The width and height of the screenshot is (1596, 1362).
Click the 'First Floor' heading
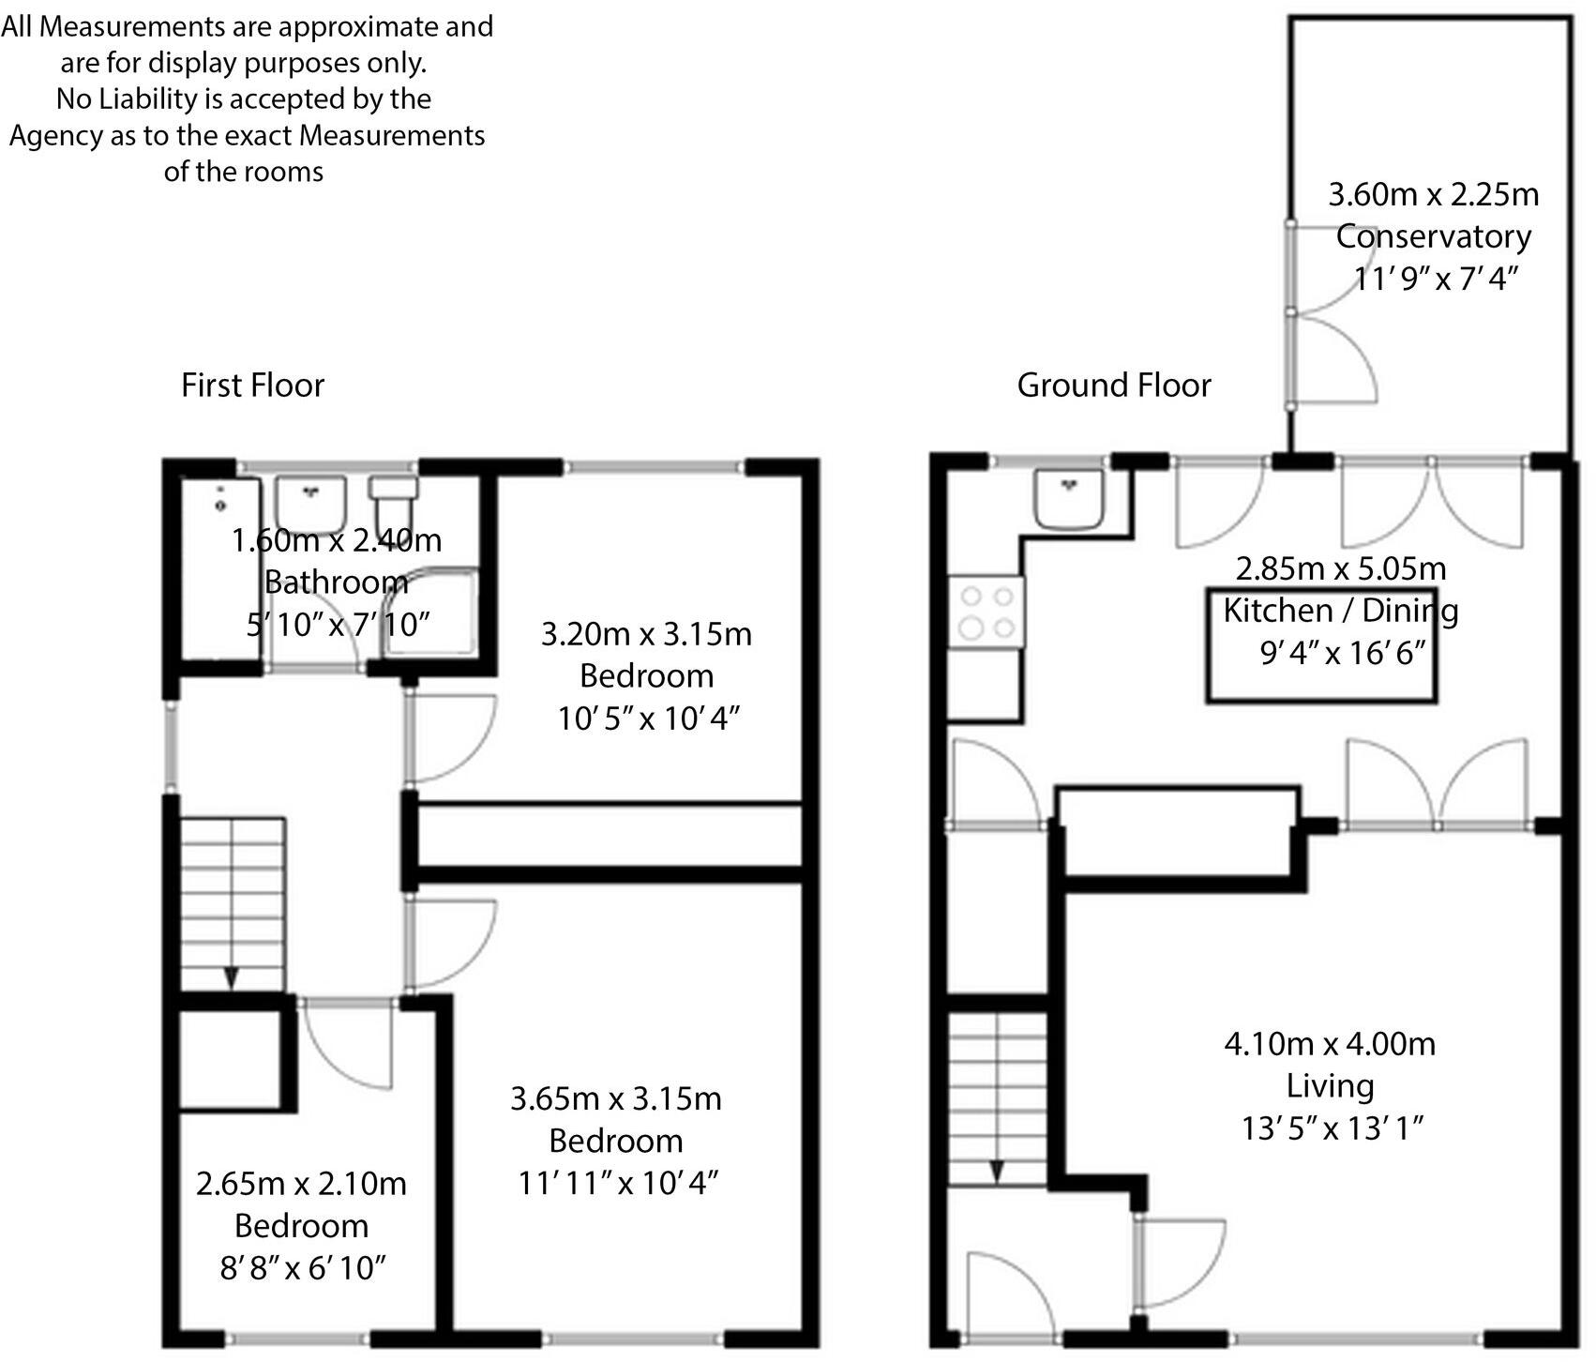click(x=252, y=386)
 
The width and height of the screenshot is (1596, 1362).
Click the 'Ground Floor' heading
click(x=1113, y=386)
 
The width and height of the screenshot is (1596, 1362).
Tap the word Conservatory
click(x=1433, y=236)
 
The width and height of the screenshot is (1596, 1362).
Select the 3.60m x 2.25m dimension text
click(x=1433, y=194)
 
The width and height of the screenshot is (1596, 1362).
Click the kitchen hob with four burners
click(x=986, y=612)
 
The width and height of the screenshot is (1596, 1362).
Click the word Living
click(x=1330, y=1086)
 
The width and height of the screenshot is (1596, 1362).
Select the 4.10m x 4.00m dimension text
click(x=1330, y=1043)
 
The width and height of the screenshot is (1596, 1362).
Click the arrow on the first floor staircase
click(x=231, y=977)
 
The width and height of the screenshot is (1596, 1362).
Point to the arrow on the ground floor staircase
click(x=997, y=1172)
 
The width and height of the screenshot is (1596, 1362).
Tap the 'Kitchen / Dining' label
click(x=1340, y=612)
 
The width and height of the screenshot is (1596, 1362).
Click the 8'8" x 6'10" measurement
click(x=302, y=1268)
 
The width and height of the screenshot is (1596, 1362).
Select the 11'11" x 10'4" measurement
click(x=617, y=1183)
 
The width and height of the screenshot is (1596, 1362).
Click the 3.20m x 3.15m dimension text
click(x=646, y=634)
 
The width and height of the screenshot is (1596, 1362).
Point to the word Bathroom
click(x=336, y=583)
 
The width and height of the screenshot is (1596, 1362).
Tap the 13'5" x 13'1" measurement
click(x=1333, y=1128)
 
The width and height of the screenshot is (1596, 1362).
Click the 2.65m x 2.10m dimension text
click(x=301, y=1184)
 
